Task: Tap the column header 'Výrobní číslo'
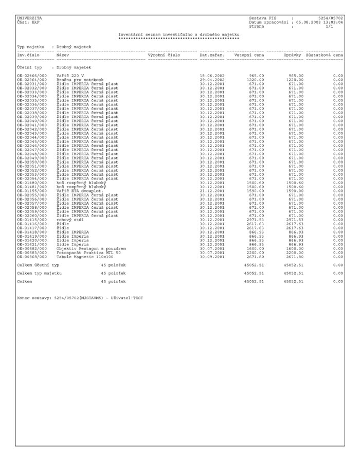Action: click(x=164, y=55)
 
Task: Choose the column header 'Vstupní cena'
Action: click(x=249, y=55)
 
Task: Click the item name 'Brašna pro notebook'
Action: click(x=80, y=80)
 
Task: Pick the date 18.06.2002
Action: click(x=212, y=76)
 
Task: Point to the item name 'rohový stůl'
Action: click(x=70, y=220)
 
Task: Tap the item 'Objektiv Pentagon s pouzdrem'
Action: click(x=91, y=248)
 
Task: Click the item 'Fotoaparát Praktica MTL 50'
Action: click(x=88, y=252)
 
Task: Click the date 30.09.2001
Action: click(x=212, y=256)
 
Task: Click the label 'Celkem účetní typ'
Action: click(x=38, y=265)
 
